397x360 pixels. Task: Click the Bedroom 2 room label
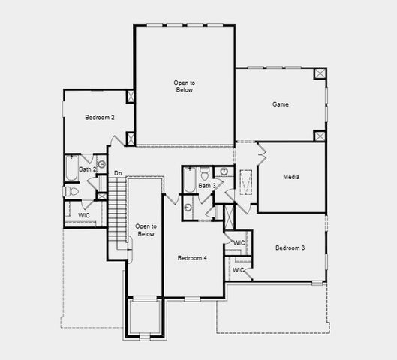[99, 118]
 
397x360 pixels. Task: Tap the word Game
[280, 104]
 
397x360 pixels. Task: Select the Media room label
[292, 177]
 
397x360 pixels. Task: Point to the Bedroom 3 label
[290, 247]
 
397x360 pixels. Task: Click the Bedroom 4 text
[192, 258]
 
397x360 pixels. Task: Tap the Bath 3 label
[207, 185]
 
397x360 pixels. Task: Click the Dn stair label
[118, 173]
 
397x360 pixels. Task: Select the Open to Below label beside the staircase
[146, 229]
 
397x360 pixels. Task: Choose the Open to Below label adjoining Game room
[184, 85]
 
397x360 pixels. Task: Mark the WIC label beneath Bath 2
[85, 215]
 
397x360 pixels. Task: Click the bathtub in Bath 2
[71, 169]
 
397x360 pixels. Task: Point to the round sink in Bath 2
[101, 165]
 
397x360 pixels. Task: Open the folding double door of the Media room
[262, 154]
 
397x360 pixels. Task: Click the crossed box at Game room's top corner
[319, 74]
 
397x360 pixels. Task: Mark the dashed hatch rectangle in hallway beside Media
[247, 182]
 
